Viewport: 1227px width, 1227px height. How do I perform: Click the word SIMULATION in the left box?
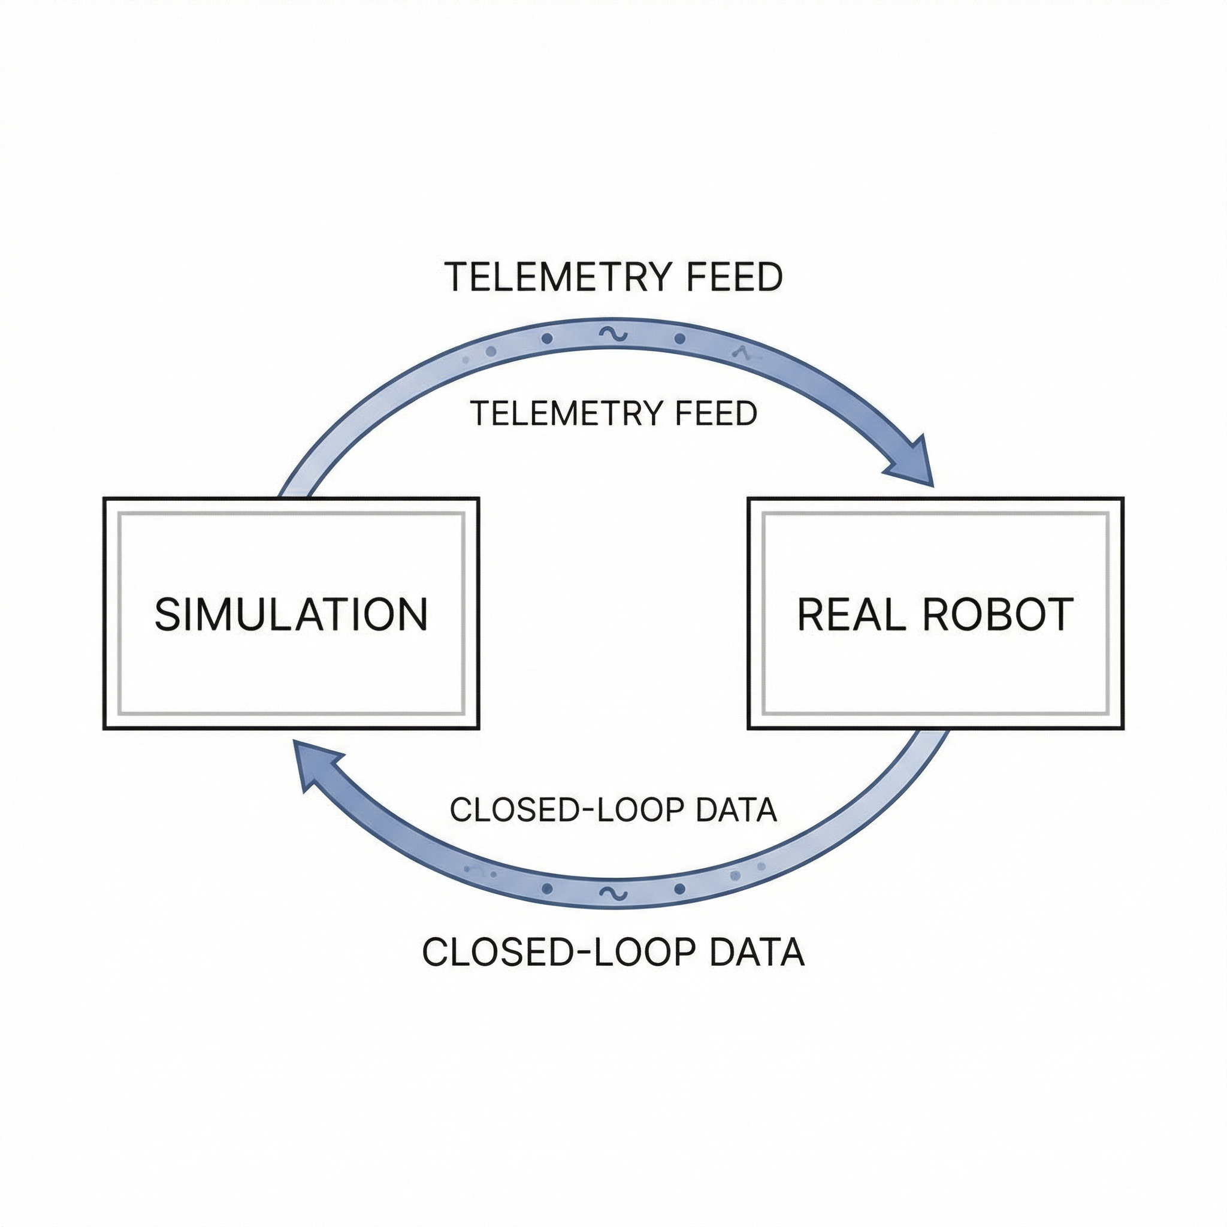click(291, 614)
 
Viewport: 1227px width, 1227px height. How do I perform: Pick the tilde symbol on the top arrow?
click(613, 334)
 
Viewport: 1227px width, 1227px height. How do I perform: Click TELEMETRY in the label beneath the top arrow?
click(567, 413)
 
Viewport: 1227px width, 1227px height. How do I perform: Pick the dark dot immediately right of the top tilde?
click(680, 339)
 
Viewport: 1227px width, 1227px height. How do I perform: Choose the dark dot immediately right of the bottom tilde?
click(680, 888)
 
